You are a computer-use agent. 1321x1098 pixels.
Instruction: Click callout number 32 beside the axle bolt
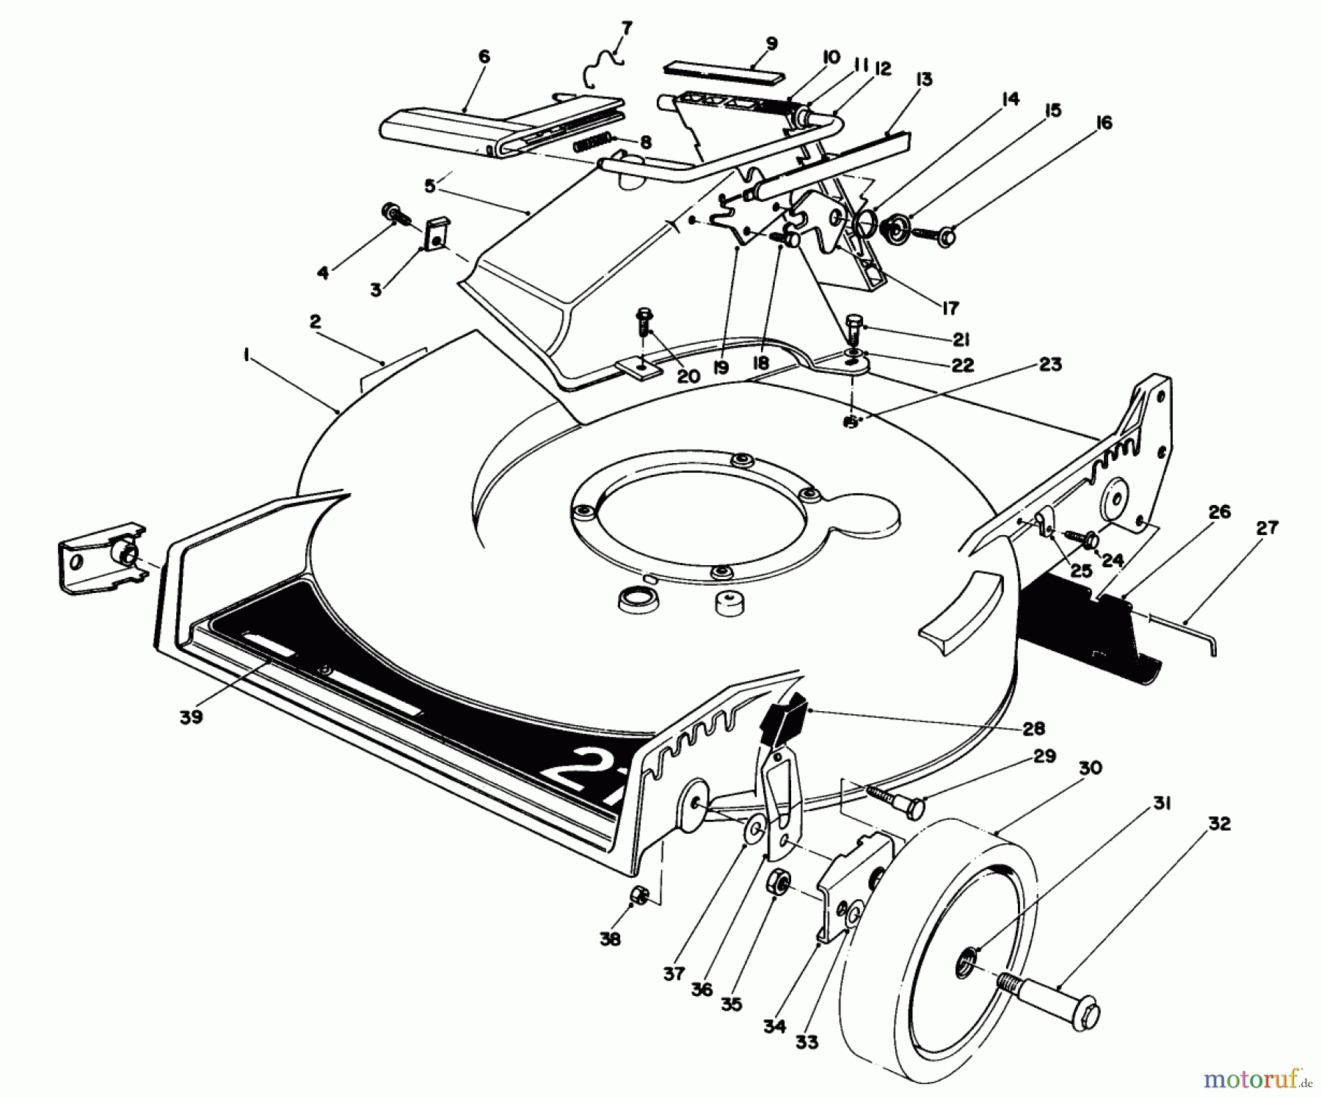point(1219,824)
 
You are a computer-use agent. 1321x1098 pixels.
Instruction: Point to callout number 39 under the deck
point(192,717)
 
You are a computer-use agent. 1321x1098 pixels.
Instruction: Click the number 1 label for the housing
point(247,355)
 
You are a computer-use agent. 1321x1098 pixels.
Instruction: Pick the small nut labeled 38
point(639,895)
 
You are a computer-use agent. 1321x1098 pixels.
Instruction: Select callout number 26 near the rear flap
point(1219,512)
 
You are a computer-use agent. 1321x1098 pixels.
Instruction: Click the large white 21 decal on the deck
point(580,778)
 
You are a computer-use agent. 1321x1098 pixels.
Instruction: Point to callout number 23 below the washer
point(1051,364)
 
